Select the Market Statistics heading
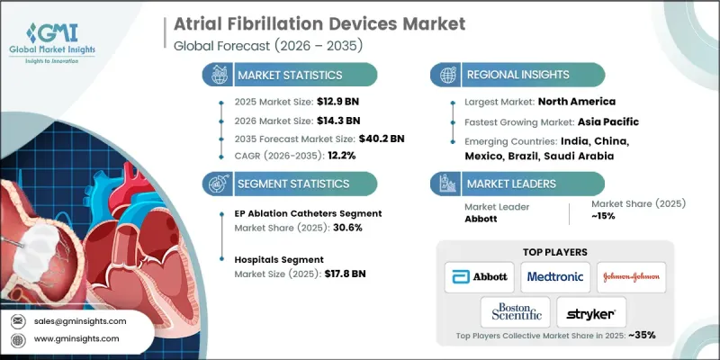(291, 75)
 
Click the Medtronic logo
(555, 277)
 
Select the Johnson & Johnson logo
(631, 277)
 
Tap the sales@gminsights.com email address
(78, 320)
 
